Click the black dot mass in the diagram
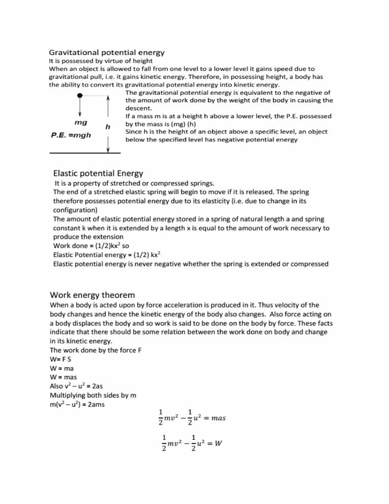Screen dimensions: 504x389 pyautogui.click(x=79, y=95)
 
